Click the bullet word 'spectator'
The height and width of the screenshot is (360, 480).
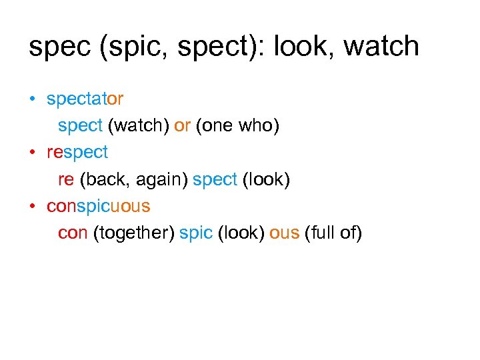click(x=85, y=99)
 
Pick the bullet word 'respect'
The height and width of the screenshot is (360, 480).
click(x=77, y=153)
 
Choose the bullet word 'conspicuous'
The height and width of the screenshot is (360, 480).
click(x=98, y=207)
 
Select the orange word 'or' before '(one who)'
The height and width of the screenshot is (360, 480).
click(x=182, y=125)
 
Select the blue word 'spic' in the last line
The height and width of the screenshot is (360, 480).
click(x=196, y=233)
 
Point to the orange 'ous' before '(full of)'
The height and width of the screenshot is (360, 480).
click(x=284, y=233)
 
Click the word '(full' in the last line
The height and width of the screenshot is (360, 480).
click(x=318, y=233)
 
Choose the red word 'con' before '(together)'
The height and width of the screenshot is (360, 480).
click(x=73, y=233)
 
